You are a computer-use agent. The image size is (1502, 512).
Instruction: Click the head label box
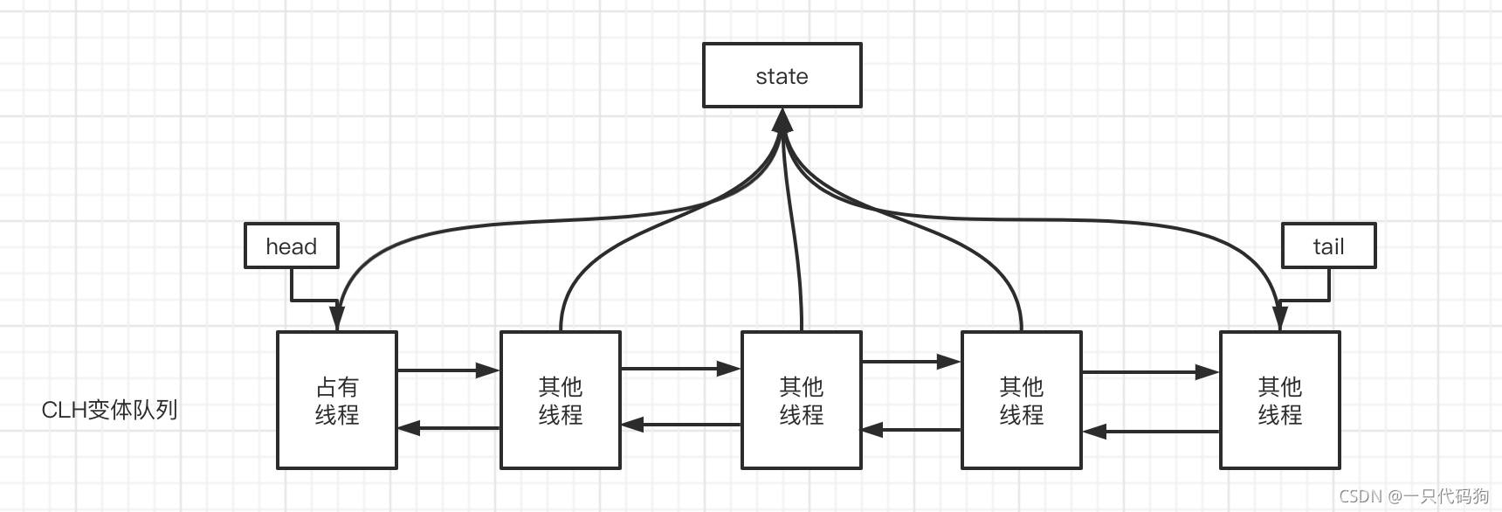[291, 246]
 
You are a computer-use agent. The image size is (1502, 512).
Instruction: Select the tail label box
[1327, 246]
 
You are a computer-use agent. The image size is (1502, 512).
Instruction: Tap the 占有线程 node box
[336, 400]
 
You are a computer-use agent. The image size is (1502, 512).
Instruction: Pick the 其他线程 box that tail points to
[1278, 400]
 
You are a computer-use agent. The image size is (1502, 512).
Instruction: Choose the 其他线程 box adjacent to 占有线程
[560, 400]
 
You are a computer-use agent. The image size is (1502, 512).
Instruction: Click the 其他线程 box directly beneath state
[801, 400]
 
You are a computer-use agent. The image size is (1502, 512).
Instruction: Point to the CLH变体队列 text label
[109, 410]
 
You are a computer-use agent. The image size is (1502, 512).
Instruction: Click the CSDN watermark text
[1413, 496]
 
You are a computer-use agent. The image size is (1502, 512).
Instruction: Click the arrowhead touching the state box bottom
[782, 119]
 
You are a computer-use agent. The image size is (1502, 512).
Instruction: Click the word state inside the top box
[782, 76]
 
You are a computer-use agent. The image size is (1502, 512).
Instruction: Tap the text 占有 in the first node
[336, 387]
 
